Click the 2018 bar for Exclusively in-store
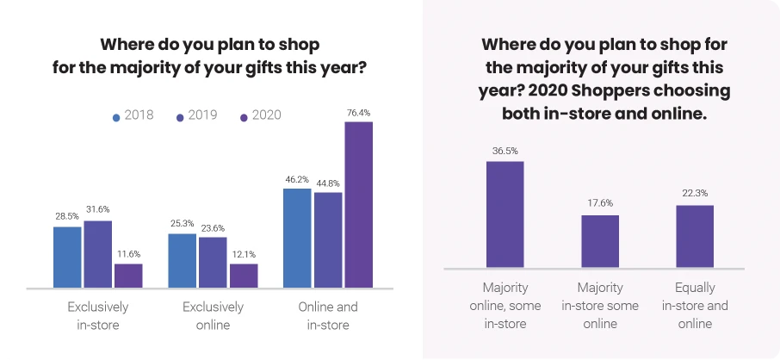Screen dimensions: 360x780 pos(67,257)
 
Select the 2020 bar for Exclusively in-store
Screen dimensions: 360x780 pos(128,276)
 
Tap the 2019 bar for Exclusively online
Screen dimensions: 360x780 pos(213,262)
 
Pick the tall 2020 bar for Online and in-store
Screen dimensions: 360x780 pos(358,204)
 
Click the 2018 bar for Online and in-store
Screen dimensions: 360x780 pos(297,238)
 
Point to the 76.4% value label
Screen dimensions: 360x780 pos(358,113)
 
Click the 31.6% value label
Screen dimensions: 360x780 pos(97,209)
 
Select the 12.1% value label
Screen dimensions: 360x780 pos(244,253)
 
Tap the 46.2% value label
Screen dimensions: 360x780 pos(297,179)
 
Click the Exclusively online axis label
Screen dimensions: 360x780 pos(213,316)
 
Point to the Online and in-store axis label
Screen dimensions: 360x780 pos(328,316)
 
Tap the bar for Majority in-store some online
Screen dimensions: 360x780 pos(600,240)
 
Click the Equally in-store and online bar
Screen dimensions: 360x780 pos(695,236)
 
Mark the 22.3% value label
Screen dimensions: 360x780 pos(695,193)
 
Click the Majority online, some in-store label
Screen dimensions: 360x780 pos(505,305)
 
